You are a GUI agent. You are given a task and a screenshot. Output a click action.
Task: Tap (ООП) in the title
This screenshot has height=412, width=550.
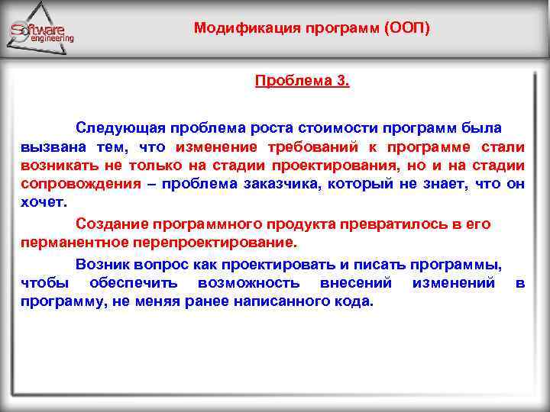(x=408, y=29)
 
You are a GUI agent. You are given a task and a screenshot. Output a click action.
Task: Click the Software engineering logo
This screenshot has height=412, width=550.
(x=42, y=31)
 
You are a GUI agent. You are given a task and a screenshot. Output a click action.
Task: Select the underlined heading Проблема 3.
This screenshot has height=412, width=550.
(x=302, y=80)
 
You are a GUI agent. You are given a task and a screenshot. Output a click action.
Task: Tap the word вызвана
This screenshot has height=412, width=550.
(x=50, y=146)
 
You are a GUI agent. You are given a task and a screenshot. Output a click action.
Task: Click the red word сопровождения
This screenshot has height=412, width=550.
(x=80, y=184)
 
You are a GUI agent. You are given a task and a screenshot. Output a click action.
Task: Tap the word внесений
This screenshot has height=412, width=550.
(x=357, y=283)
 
